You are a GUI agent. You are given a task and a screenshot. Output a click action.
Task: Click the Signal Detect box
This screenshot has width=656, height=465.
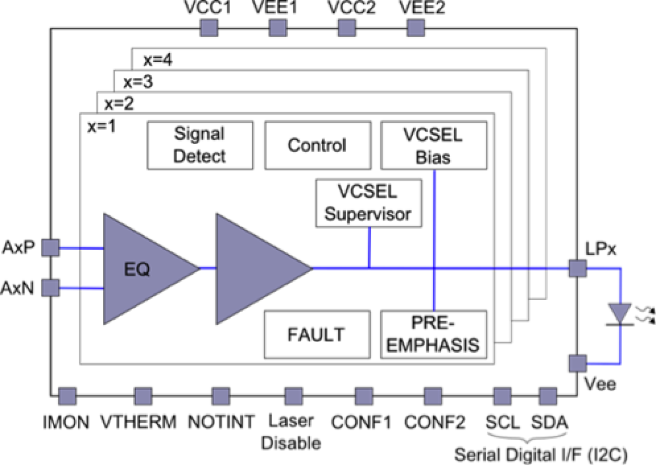[200, 145]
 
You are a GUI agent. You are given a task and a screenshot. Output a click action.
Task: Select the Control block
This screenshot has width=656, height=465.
[317, 145]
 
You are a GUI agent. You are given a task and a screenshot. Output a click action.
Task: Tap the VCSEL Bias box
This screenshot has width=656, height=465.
[434, 145]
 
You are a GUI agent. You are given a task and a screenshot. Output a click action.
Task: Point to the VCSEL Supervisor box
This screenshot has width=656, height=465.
[369, 203]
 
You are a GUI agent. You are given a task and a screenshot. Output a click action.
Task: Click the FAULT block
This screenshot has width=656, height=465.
[317, 334]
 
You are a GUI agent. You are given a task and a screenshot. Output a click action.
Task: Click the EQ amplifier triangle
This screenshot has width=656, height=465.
[141, 269]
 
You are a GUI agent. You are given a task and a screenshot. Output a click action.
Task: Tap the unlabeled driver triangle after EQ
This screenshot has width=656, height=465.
[256, 269]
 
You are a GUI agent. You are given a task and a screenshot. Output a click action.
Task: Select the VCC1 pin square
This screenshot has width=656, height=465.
[208, 28]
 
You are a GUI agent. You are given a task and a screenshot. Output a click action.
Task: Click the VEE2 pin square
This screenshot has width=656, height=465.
[415, 28]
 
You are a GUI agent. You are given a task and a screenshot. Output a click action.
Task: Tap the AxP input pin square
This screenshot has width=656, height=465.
[50, 247]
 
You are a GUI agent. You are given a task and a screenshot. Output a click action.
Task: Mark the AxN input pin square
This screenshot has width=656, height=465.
[50, 287]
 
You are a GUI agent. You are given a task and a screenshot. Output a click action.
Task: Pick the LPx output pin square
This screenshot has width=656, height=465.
[577, 269]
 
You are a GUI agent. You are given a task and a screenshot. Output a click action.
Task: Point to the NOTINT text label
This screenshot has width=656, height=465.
[221, 421]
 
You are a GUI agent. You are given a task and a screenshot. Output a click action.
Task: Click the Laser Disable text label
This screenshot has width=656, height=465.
[291, 432]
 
